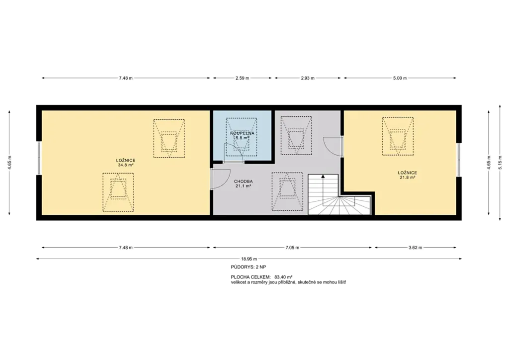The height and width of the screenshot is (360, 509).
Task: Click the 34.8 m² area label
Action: click(x=126, y=165)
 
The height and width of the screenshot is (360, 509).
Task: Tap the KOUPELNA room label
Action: click(x=242, y=133)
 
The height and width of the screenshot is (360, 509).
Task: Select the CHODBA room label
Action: click(x=243, y=181)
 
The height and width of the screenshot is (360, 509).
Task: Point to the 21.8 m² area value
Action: click(x=408, y=178)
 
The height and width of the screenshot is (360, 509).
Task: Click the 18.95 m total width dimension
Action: click(x=249, y=259)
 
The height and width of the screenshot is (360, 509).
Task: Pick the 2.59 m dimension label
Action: click(x=243, y=78)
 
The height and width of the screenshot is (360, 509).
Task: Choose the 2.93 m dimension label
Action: click(x=307, y=78)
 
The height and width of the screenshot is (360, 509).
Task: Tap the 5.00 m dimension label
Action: click(x=400, y=78)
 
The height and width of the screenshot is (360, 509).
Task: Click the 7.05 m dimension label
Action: click(x=292, y=247)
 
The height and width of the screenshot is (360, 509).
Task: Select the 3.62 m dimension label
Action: click(x=415, y=247)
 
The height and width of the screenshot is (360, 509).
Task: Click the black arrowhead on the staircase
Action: click(x=323, y=176)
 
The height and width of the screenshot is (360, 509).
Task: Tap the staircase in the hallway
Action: click(x=339, y=194)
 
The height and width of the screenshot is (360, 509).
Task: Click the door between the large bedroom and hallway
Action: click(x=219, y=179)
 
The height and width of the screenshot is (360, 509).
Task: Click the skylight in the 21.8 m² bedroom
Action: click(x=398, y=136)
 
